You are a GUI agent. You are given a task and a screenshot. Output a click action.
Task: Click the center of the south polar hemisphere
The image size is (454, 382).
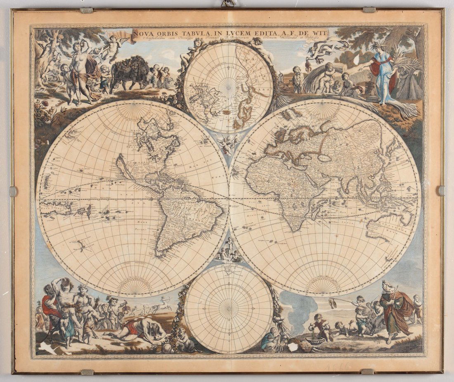click(x=228, y=309)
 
